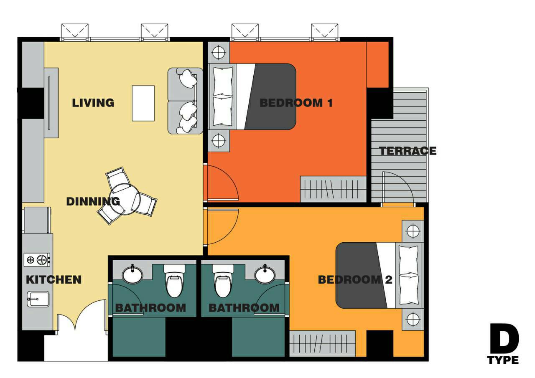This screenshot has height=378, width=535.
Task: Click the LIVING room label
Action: [93, 103]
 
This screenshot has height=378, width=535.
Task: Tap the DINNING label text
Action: [93, 202]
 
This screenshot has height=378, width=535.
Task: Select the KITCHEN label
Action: [54, 280]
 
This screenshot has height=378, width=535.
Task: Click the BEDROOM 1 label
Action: [296, 103]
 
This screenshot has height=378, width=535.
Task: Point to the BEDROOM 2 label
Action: [355, 280]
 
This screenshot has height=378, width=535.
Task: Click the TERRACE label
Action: [408, 151]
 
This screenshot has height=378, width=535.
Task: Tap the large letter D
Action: [504, 338]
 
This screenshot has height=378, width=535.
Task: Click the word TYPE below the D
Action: [503, 360]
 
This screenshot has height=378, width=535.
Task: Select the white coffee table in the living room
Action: [143, 103]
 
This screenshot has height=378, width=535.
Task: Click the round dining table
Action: [123, 200]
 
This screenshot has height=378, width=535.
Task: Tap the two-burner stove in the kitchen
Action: [37, 259]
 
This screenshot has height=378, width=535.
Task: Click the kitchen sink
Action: [38, 299]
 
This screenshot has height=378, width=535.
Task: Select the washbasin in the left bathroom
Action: [132, 275]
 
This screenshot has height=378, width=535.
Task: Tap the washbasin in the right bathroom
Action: [265, 275]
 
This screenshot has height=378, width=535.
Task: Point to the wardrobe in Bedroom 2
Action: [322, 344]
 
